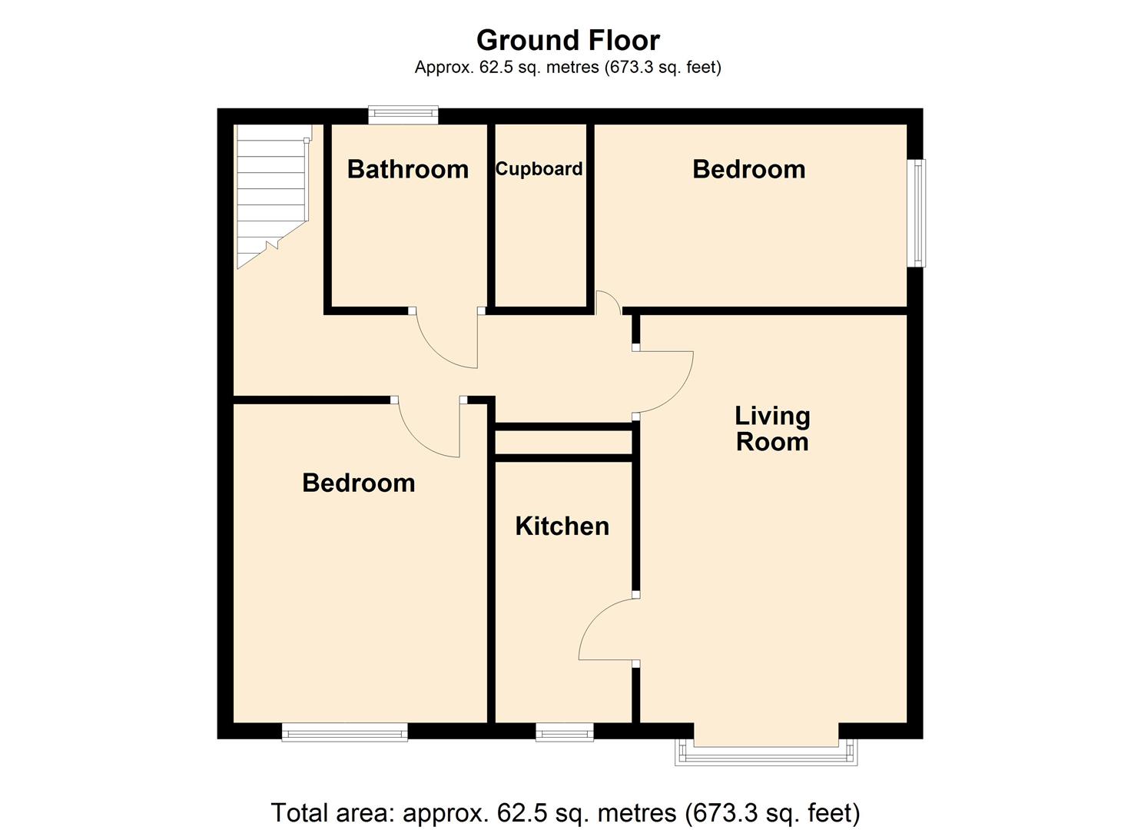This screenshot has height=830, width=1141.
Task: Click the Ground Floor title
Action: tap(568, 40)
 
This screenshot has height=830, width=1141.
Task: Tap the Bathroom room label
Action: tap(407, 169)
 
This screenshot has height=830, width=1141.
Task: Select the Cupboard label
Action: tap(539, 169)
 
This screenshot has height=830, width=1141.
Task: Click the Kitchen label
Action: tap(562, 526)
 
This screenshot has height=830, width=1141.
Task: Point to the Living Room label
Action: tap(772, 429)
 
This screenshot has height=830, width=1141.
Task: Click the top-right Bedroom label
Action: tap(748, 169)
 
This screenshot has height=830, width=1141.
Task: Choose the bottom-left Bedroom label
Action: tap(358, 483)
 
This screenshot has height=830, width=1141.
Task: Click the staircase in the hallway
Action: tap(271, 192)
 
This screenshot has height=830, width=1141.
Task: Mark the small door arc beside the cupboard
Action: tap(609, 301)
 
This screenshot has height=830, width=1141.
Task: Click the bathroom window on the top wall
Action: tap(403, 115)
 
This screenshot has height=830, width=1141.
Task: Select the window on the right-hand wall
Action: tap(916, 213)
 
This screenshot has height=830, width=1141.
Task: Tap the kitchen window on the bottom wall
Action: tap(565, 732)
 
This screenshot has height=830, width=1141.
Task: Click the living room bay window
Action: tap(765, 753)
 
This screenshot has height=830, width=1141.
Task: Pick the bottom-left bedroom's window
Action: tap(344, 732)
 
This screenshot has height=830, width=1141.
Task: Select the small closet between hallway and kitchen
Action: tap(563, 443)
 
